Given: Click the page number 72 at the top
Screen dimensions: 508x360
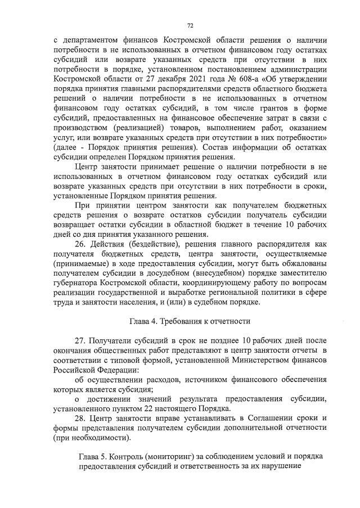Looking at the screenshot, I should [190, 25].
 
